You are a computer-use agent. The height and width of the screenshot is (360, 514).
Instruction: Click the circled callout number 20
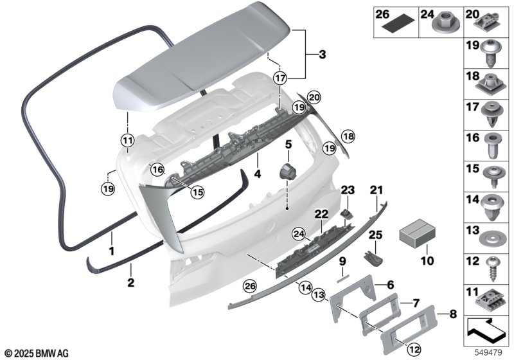tap(314, 97)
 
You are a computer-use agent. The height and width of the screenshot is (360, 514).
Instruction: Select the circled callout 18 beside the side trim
tap(348, 136)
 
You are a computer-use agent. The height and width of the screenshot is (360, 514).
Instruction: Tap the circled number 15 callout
tap(198, 192)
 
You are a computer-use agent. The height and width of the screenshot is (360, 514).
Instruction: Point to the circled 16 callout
tap(157, 170)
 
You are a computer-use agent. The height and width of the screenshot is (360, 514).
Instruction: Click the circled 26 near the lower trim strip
tap(250, 286)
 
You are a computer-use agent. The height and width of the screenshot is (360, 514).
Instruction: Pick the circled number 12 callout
tap(414, 350)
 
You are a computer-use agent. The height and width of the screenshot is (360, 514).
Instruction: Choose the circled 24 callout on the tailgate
tap(299, 234)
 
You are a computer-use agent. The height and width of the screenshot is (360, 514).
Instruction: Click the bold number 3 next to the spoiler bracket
tap(323, 55)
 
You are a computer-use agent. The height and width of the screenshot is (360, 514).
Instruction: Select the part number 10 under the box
tap(427, 261)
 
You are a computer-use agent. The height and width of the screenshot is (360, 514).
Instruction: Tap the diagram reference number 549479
tap(488, 353)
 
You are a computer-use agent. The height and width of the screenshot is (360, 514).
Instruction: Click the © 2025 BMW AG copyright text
tap(37, 354)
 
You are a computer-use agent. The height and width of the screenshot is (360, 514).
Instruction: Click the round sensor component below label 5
tap(287, 172)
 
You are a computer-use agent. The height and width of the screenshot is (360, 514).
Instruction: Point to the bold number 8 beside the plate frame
tap(453, 314)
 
